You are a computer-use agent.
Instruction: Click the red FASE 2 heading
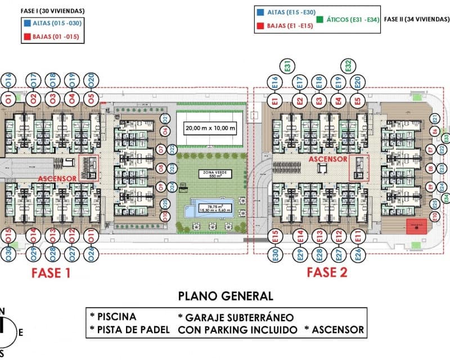pos(327,273)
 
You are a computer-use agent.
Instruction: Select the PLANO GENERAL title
pos(226,296)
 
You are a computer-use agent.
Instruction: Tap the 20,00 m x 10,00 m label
pos(210,128)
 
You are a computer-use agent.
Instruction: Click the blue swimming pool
pos(214,208)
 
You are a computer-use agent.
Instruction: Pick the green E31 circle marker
pos(287,66)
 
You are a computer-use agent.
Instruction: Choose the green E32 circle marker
pos(348,66)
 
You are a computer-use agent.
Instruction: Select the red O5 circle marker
pos(91,100)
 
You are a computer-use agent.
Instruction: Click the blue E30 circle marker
pos(276,255)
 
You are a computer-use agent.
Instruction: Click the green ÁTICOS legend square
pos(319,19)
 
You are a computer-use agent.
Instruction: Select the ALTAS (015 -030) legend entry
pos(48,24)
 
